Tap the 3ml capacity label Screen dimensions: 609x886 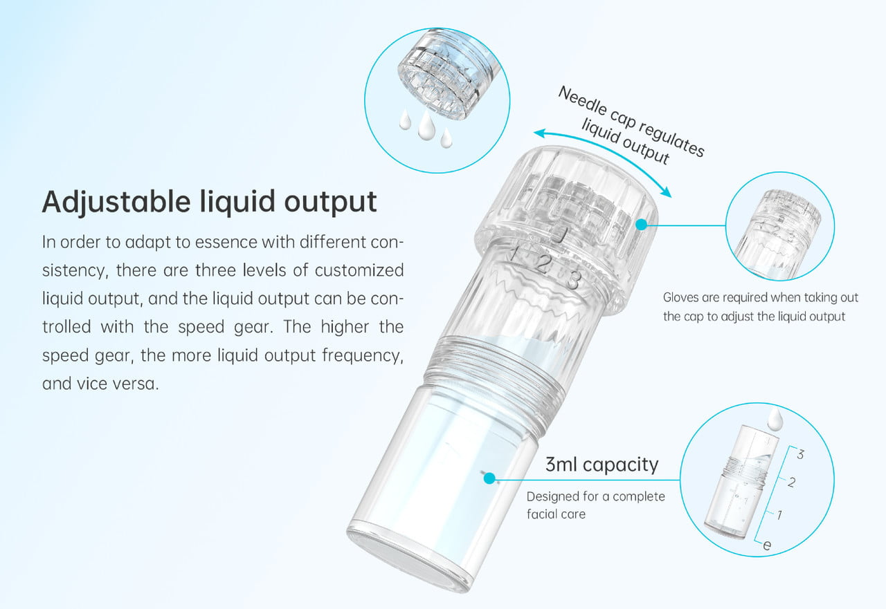pos(602,464)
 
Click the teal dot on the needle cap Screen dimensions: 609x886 pos(641,225)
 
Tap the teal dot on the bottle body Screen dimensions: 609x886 pos(489,478)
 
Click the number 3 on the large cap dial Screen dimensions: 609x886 pos(572,280)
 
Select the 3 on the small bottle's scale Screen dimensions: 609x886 pos(800,454)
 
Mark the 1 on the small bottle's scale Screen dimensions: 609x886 pos(779,514)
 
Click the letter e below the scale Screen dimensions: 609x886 pos(766,545)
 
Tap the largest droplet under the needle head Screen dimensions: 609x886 pos(426,124)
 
